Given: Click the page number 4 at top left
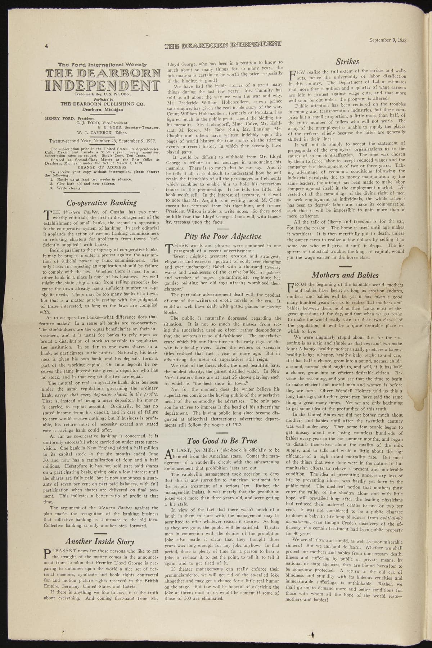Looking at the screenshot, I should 46,46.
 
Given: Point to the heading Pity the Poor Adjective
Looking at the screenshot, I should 222,237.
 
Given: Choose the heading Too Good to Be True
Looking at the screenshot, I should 222,441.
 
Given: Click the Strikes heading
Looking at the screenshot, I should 347,62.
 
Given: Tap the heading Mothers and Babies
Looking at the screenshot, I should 345,275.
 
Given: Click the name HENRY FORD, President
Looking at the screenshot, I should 69,118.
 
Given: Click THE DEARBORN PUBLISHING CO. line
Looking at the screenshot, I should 102,104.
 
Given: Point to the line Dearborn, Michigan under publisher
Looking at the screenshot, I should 102,109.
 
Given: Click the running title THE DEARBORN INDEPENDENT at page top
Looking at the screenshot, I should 222,45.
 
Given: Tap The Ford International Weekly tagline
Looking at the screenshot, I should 102,64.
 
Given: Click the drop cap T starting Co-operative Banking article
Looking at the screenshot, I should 48,215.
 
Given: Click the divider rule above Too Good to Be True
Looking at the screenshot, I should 222,432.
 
